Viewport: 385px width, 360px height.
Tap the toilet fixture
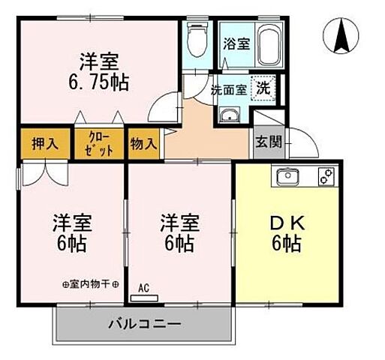click(x=197, y=37)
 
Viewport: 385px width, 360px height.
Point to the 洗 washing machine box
click(x=263, y=88)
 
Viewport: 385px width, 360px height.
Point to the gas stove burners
click(x=325, y=178)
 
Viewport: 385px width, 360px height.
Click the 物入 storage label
click(x=143, y=143)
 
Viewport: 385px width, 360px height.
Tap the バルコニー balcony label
click(x=144, y=325)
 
